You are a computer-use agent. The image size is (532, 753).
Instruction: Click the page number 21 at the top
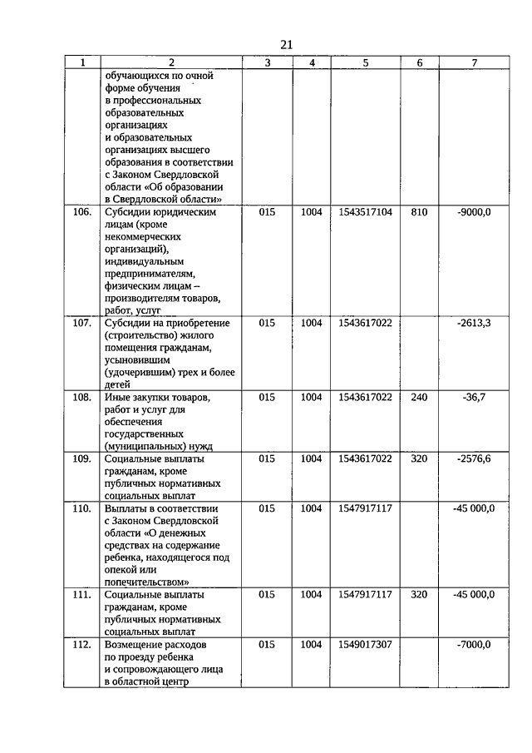[x=286, y=45]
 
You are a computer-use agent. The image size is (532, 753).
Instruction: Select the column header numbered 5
[x=366, y=62]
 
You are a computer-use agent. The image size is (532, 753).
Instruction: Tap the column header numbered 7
[x=474, y=62]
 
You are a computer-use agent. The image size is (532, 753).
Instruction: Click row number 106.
[x=81, y=213]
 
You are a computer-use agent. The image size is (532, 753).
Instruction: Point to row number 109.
[x=81, y=458]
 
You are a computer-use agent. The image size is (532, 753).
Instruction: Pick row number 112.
[x=81, y=645]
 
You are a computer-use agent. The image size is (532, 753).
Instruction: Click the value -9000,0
[x=474, y=213]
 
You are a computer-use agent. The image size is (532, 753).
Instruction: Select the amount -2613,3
[x=474, y=323]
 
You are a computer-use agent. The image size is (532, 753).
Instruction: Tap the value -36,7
[x=474, y=397]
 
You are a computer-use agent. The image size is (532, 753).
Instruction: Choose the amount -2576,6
[x=474, y=458]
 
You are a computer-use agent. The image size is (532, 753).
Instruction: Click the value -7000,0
[x=474, y=645]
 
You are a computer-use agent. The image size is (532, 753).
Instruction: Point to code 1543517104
[x=366, y=213]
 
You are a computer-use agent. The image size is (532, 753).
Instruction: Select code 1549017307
[x=366, y=645]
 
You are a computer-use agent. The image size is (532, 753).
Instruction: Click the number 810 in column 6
[x=419, y=213]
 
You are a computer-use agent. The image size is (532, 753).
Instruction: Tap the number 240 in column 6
[x=419, y=397]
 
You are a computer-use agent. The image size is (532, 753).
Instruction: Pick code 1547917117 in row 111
[x=366, y=595]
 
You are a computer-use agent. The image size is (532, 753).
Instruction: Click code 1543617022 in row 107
[x=366, y=323]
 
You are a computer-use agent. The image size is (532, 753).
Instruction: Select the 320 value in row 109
[x=419, y=458]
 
